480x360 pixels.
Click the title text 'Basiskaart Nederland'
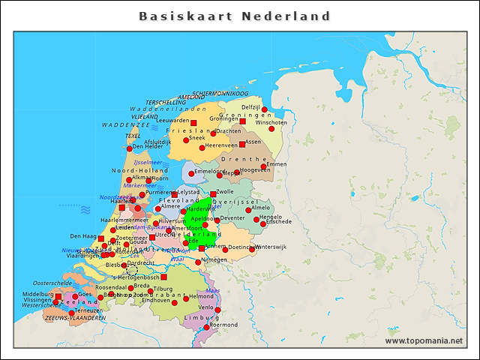click(x=234, y=16)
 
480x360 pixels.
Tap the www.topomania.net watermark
click(x=424, y=340)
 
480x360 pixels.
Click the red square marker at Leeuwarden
click(x=193, y=122)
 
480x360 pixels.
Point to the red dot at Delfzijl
click(x=264, y=110)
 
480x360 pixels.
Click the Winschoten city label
click(x=271, y=122)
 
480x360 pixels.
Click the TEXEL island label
click(x=133, y=136)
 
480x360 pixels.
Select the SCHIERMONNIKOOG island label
click(x=220, y=94)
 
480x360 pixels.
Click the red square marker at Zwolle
click(x=213, y=194)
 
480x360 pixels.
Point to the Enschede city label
click(x=278, y=222)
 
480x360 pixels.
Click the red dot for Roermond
click(x=206, y=327)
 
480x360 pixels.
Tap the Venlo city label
click(x=205, y=307)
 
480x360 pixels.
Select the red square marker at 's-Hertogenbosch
click(x=163, y=277)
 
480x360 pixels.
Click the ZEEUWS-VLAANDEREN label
click(x=75, y=318)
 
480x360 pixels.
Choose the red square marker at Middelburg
click(x=58, y=296)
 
